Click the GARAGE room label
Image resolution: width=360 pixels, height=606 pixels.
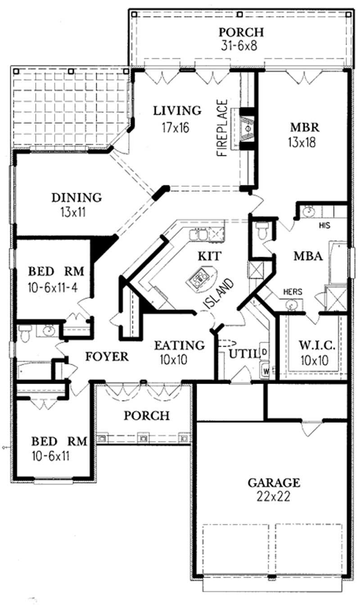274,483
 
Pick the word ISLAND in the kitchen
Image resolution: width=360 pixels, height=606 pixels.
219,294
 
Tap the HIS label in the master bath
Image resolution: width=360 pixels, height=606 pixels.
325,224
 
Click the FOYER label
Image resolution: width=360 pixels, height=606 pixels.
107,357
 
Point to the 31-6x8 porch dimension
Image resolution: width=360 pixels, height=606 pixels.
239,45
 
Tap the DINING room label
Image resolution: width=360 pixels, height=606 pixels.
76,198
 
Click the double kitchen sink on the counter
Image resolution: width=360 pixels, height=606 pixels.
198,235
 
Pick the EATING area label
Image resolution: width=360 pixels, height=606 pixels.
179,346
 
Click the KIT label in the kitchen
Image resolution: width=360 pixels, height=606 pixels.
209,256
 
